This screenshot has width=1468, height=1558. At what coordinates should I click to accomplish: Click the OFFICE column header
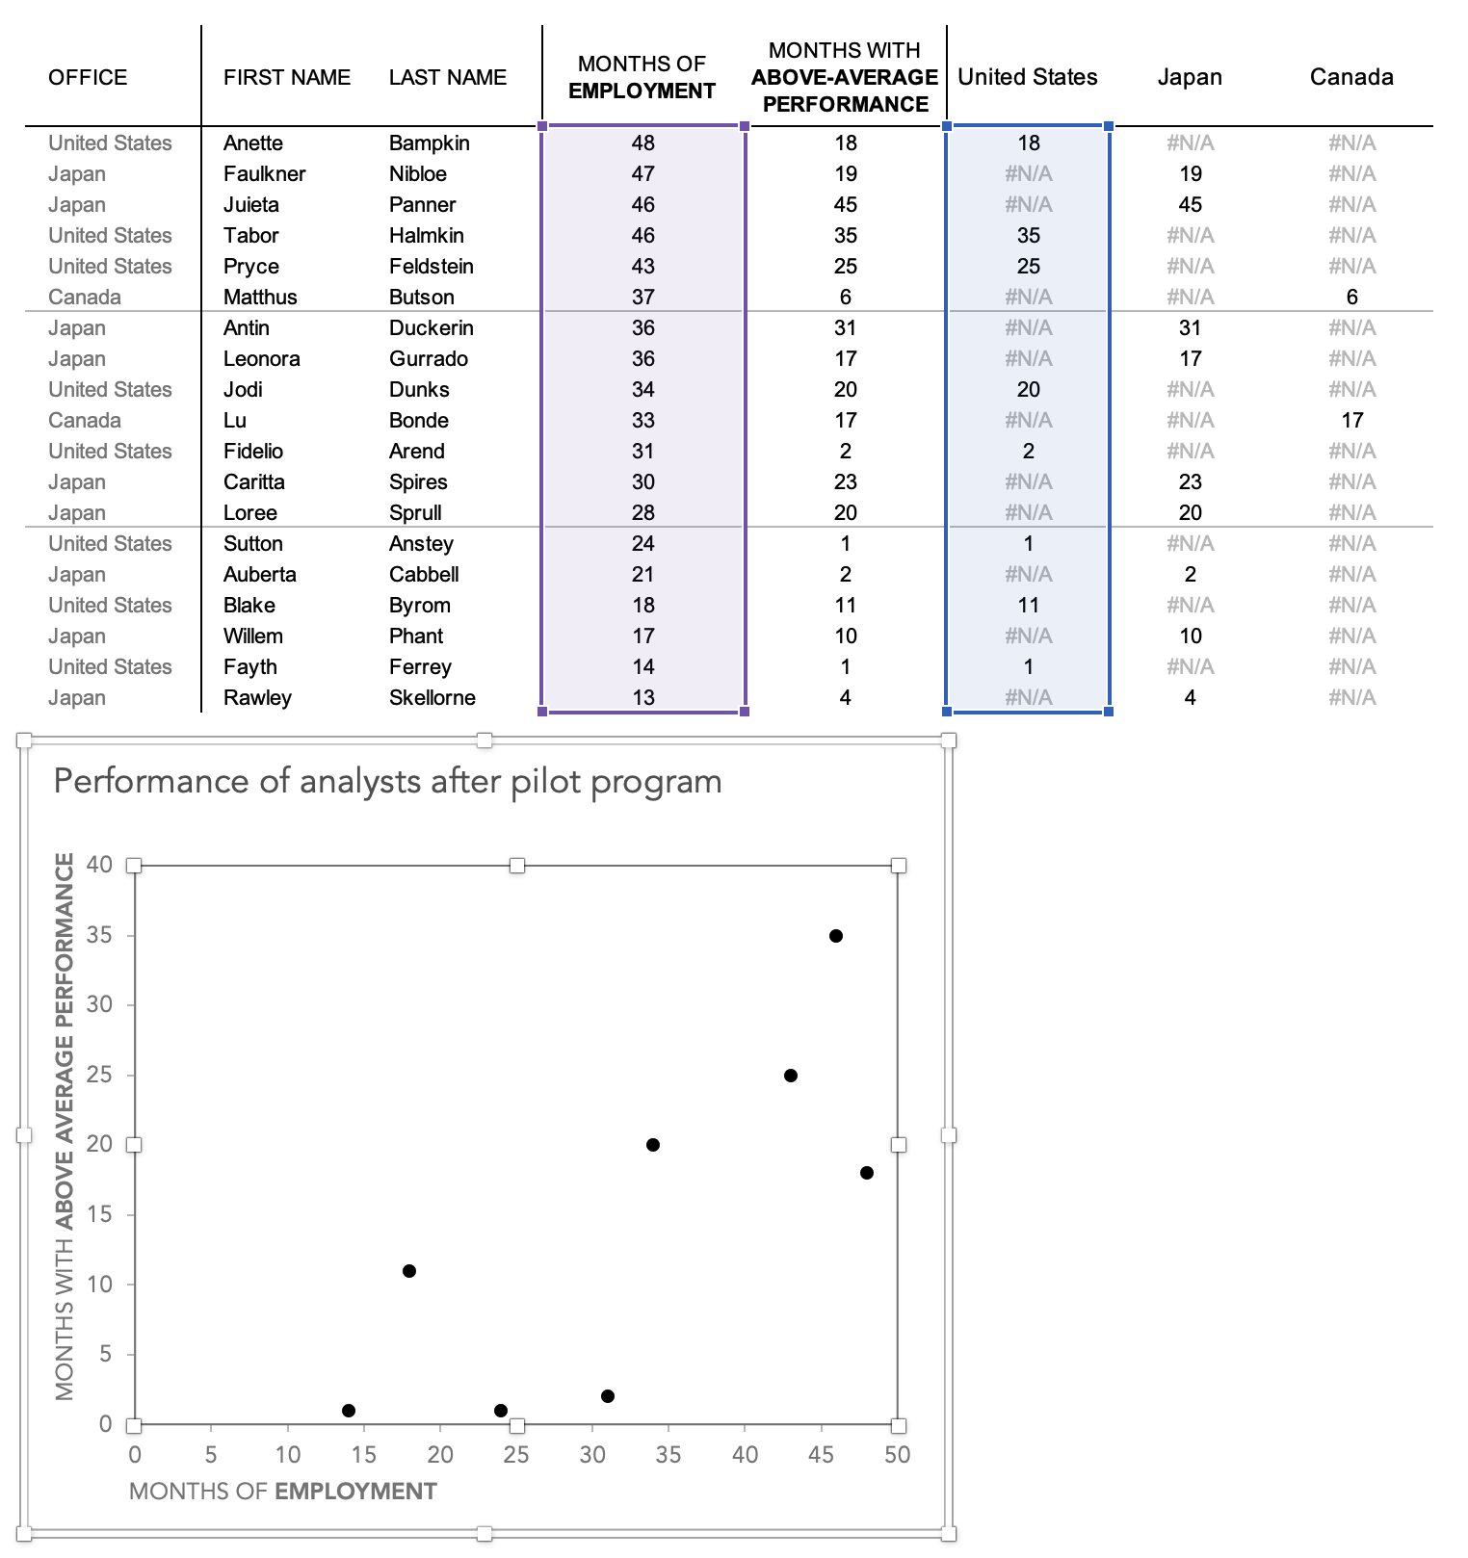[x=88, y=77]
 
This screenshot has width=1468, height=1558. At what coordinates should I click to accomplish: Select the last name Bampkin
[x=429, y=143]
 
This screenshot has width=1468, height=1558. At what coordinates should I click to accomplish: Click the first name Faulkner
[x=264, y=174]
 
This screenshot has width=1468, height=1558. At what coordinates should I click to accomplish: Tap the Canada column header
[x=1350, y=77]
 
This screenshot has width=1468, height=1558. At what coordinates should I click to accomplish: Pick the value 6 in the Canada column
[x=1351, y=298]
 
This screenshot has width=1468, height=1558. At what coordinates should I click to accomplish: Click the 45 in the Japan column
[x=1190, y=205]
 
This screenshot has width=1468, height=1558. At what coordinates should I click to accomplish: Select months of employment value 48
[x=642, y=143]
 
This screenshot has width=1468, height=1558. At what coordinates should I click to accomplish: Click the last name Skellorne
[x=432, y=698]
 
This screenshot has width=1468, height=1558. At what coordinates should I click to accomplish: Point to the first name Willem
[x=252, y=636]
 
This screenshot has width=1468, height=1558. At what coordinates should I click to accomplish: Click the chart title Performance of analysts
[x=387, y=781]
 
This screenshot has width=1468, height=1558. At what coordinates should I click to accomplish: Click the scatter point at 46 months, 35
[x=836, y=936]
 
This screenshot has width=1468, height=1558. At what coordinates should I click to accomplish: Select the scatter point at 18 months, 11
[x=408, y=1271]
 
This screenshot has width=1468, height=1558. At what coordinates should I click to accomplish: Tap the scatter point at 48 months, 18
[x=866, y=1173]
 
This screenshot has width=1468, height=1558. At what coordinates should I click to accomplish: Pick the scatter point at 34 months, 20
[x=652, y=1145]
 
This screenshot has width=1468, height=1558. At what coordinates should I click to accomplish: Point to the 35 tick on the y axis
[x=99, y=935]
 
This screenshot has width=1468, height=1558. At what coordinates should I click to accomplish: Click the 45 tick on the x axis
[x=821, y=1455]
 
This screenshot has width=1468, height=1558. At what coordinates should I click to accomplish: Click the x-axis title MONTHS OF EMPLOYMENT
[x=282, y=1492]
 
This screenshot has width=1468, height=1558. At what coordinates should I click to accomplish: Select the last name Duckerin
[x=431, y=328]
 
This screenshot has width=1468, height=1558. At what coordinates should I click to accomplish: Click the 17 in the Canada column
[x=1351, y=421]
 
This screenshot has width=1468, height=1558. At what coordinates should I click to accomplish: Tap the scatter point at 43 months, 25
[x=790, y=1076]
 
